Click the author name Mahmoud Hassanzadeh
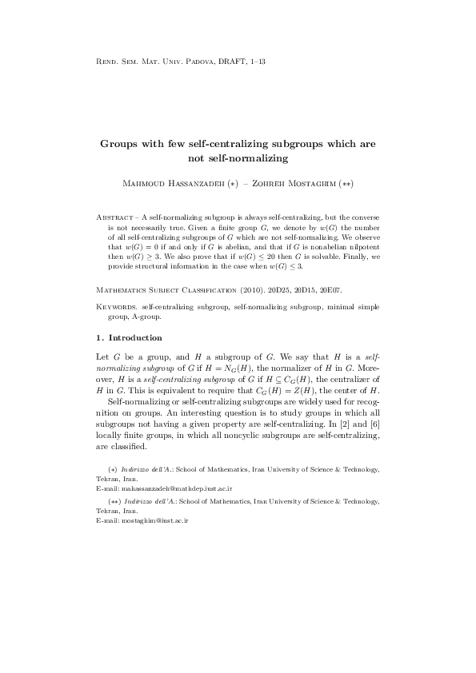pyautogui.click(x=169, y=184)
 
